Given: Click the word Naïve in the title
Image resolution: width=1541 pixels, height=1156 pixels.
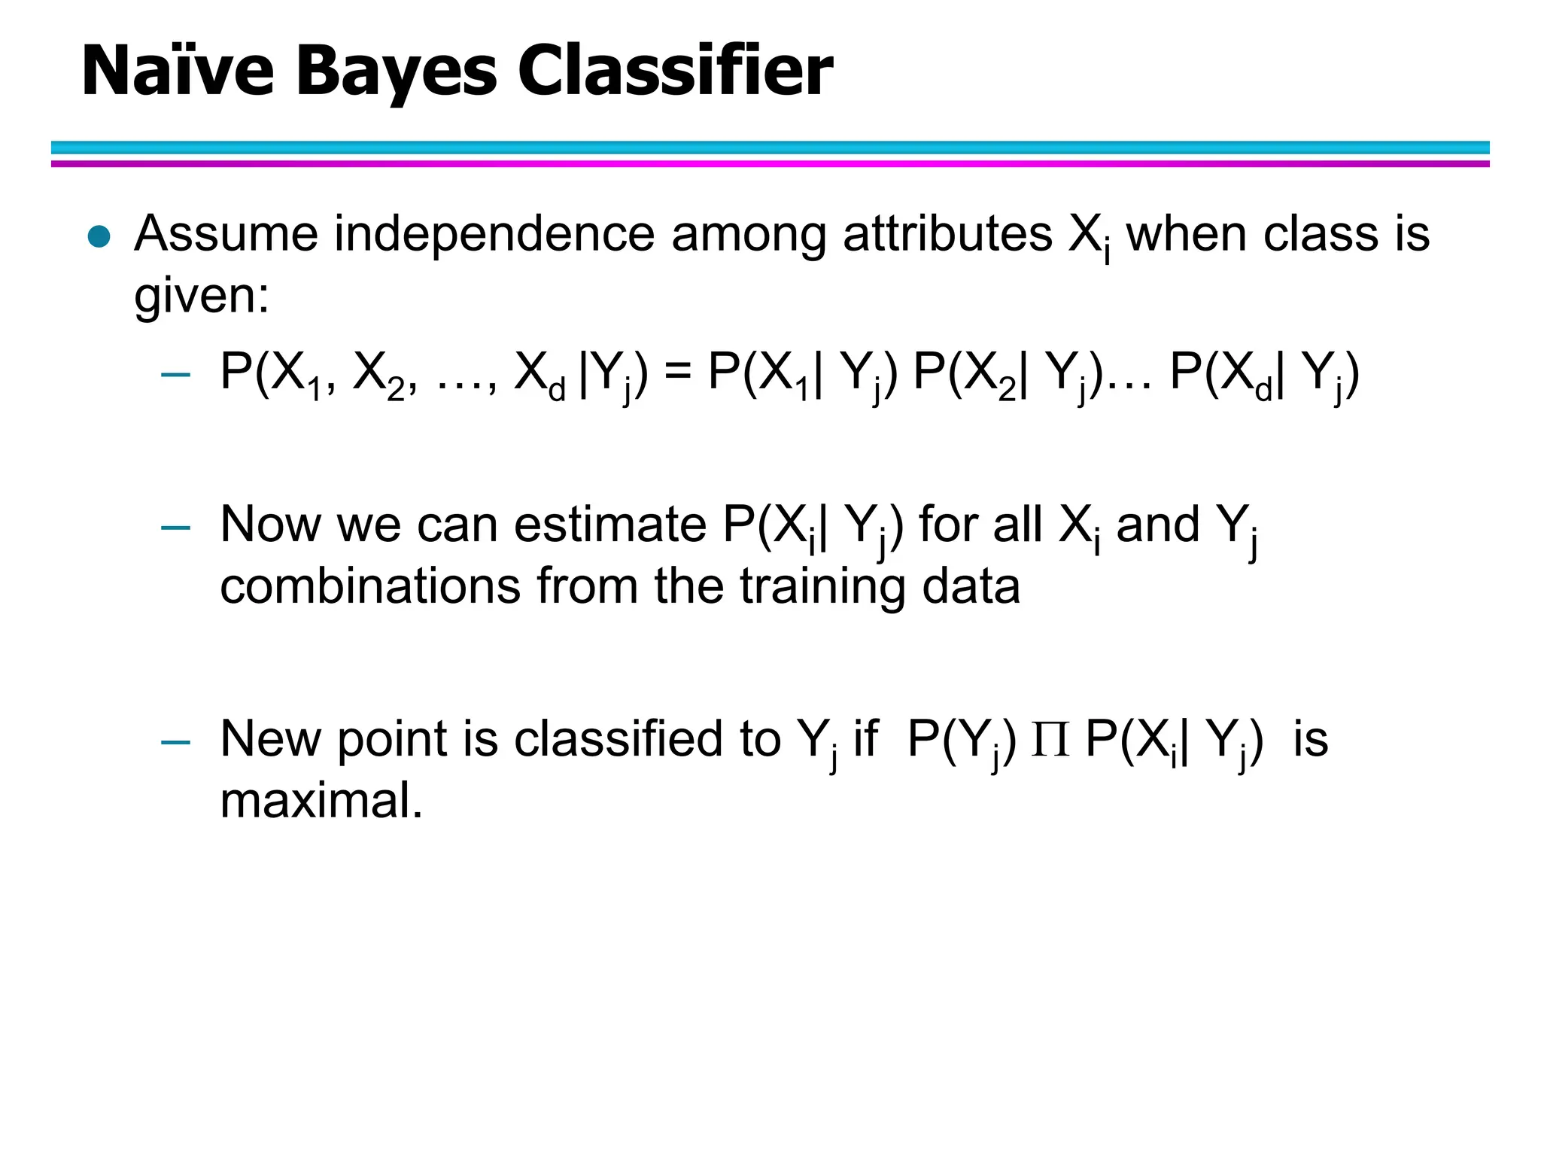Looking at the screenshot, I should (178, 71).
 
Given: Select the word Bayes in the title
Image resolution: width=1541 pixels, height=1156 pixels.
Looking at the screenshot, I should (396, 72).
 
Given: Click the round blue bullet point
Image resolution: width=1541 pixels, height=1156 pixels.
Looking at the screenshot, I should (99, 237).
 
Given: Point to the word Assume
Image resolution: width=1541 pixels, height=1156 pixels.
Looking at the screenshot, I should (226, 233).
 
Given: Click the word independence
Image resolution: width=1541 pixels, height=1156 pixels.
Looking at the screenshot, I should (494, 233).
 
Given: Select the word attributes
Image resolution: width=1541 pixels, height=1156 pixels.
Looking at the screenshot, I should (947, 233).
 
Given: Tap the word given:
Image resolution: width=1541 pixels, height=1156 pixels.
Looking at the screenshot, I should (201, 296).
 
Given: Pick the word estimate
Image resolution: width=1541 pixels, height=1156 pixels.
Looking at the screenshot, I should (610, 525).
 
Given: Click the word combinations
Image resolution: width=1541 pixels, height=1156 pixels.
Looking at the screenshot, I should (369, 586).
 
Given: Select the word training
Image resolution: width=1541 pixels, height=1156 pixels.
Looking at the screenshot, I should (822, 588).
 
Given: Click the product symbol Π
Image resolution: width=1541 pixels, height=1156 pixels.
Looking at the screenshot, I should (1050, 740).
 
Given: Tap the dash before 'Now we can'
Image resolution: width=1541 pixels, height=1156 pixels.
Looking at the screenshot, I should (175, 528).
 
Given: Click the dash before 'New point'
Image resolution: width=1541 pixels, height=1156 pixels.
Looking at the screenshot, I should (175, 742).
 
